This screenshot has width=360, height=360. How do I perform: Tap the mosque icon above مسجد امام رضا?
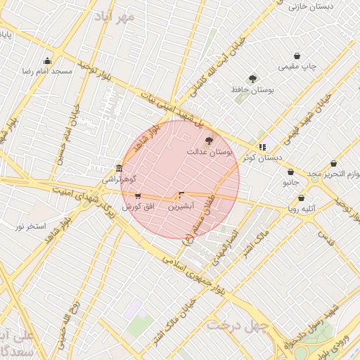point(47,60)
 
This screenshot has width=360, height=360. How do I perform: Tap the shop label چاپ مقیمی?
point(298,67)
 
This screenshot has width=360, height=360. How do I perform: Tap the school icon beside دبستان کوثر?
point(262,147)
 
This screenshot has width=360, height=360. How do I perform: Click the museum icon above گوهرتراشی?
point(118,169)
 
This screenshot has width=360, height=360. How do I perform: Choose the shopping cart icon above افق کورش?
point(138,196)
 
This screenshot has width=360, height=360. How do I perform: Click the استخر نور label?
point(31,226)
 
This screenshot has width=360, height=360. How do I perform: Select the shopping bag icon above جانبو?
point(290,172)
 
